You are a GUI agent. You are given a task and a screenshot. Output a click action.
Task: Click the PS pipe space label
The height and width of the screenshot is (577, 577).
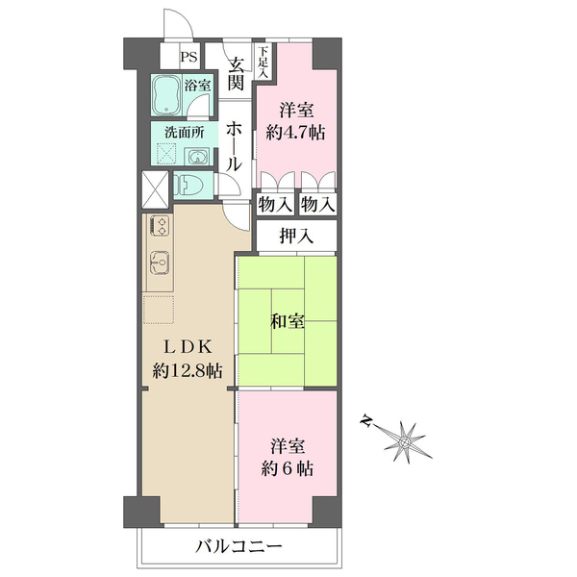(188, 58)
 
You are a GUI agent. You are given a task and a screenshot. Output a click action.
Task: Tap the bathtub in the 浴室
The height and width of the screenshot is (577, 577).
(166, 94)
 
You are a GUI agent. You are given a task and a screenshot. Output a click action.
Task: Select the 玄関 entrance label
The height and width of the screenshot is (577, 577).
(236, 75)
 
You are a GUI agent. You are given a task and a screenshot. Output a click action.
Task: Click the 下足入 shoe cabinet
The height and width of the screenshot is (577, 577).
(263, 62)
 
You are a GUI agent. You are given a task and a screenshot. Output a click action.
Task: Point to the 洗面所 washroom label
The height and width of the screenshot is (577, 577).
(185, 132)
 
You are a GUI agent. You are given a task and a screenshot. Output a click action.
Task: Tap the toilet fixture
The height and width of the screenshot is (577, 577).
(188, 185)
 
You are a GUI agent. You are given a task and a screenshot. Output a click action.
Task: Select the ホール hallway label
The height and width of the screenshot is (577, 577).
(234, 146)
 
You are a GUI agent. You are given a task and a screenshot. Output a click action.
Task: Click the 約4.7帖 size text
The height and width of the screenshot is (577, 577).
(295, 132)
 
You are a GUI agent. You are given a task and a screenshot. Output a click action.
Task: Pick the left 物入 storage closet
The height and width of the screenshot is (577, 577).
(275, 204)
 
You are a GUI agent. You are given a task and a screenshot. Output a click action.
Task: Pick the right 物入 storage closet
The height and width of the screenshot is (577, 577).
(318, 204)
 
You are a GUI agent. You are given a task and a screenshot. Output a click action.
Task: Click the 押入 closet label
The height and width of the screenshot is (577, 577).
(296, 236)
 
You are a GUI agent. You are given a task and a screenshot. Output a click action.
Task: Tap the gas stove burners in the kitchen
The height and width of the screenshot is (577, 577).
(160, 225)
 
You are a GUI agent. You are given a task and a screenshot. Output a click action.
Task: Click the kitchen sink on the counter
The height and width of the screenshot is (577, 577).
(160, 263)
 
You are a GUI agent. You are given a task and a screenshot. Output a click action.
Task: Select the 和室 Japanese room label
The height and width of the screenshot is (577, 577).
(288, 321)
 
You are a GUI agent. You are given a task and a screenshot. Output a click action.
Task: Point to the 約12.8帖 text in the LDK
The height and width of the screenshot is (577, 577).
(188, 371)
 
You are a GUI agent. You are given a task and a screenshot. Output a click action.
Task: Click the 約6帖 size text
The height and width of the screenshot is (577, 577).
(288, 469)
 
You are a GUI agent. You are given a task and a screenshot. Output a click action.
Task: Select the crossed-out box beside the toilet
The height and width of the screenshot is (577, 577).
(155, 189)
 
